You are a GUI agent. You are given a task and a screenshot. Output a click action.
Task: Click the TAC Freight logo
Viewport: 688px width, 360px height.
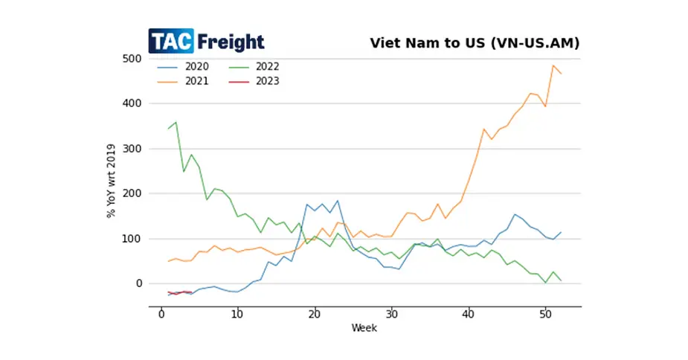click(x=206, y=41)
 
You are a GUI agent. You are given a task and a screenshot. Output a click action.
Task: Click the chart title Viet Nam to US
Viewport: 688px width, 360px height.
click(x=475, y=42)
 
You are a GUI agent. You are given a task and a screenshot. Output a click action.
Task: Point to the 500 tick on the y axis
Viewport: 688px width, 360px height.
click(x=133, y=58)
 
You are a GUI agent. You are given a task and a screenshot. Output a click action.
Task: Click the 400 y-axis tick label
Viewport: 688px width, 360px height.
click(x=133, y=103)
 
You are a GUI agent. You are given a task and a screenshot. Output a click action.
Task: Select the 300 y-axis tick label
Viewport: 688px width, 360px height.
click(x=133, y=149)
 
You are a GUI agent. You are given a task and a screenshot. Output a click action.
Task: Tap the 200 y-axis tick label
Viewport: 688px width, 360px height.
click(x=133, y=193)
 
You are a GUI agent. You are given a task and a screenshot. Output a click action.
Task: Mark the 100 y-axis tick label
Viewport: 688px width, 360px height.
click(x=133, y=239)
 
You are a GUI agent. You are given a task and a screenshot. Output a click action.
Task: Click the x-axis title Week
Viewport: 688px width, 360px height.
click(x=364, y=328)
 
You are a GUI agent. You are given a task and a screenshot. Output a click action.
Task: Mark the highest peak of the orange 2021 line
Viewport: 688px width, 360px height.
click(x=553, y=65)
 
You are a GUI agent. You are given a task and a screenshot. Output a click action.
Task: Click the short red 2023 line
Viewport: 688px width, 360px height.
click(x=179, y=293)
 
